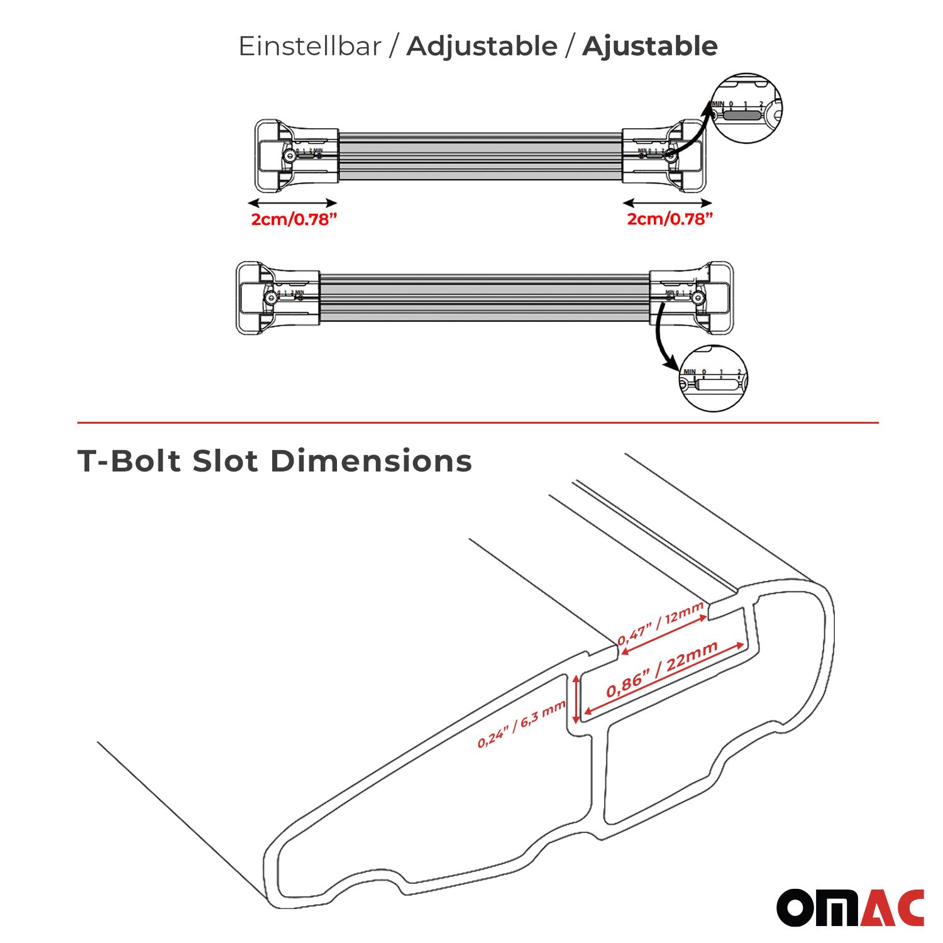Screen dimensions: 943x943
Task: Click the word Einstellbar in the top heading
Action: click(x=310, y=47)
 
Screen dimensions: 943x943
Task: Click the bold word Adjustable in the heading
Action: click(x=482, y=47)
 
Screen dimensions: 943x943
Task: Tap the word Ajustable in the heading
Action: click(x=649, y=47)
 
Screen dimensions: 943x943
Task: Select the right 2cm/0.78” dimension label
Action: click(x=670, y=219)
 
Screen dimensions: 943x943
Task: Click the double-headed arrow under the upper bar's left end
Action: click(x=293, y=203)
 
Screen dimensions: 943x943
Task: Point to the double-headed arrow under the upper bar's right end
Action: click(x=668, y=202)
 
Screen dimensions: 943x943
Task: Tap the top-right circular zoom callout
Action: click(x=746, y=108)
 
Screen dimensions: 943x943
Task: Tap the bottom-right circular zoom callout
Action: click(x=714, y=379)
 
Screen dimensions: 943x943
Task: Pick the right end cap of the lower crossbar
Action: click(x=717, y=297)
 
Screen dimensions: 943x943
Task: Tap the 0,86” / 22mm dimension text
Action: click(x=661, y=670)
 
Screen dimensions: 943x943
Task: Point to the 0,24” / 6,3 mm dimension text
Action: click(x=522, y=725)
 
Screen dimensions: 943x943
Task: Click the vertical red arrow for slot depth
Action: click(x=576, y=699)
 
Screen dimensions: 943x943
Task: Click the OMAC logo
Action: click(x=850, y=907)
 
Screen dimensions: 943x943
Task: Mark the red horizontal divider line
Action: click(x=478, y=423)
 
